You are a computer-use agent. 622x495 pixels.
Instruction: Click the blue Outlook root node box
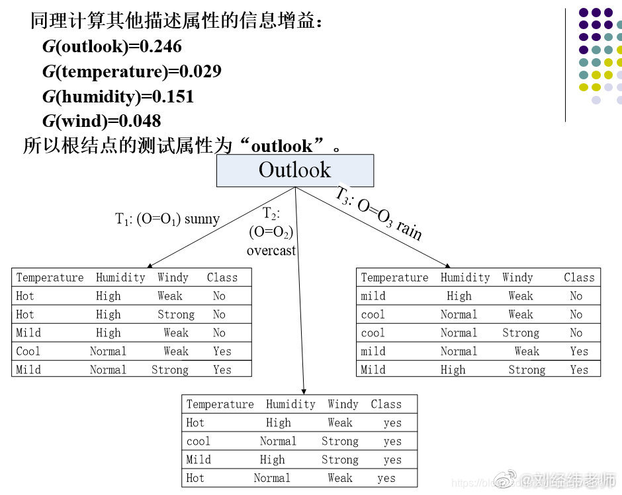pos(295,171)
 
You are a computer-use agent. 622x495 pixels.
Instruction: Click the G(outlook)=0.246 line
pos(112,47)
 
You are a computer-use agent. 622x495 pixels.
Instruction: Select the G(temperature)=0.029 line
pos(132,71)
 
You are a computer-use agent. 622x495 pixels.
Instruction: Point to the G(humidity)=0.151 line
pos(118,96)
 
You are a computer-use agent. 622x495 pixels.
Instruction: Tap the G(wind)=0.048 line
pos(102,121)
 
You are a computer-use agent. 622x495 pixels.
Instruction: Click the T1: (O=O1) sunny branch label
pos(167,219)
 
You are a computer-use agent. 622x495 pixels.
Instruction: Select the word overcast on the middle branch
pos(271,250)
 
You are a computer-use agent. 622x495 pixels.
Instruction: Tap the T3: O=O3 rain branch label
pos(378,213)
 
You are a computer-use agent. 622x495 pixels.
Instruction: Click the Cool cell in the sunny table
pos(28,352)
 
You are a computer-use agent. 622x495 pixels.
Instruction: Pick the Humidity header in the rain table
pos(465,278)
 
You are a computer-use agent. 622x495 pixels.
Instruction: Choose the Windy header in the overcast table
pos(343,404)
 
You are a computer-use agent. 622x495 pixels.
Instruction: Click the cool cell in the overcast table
pos(199,441)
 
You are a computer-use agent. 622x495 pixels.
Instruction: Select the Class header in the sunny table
pos(222,278)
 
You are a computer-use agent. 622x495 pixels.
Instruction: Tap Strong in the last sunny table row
pos(170,370)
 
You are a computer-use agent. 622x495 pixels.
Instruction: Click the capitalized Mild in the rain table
pos(373,370)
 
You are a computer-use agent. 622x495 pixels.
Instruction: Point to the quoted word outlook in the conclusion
pos(282,145)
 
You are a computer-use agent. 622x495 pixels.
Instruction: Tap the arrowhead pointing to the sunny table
pos(144,264)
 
